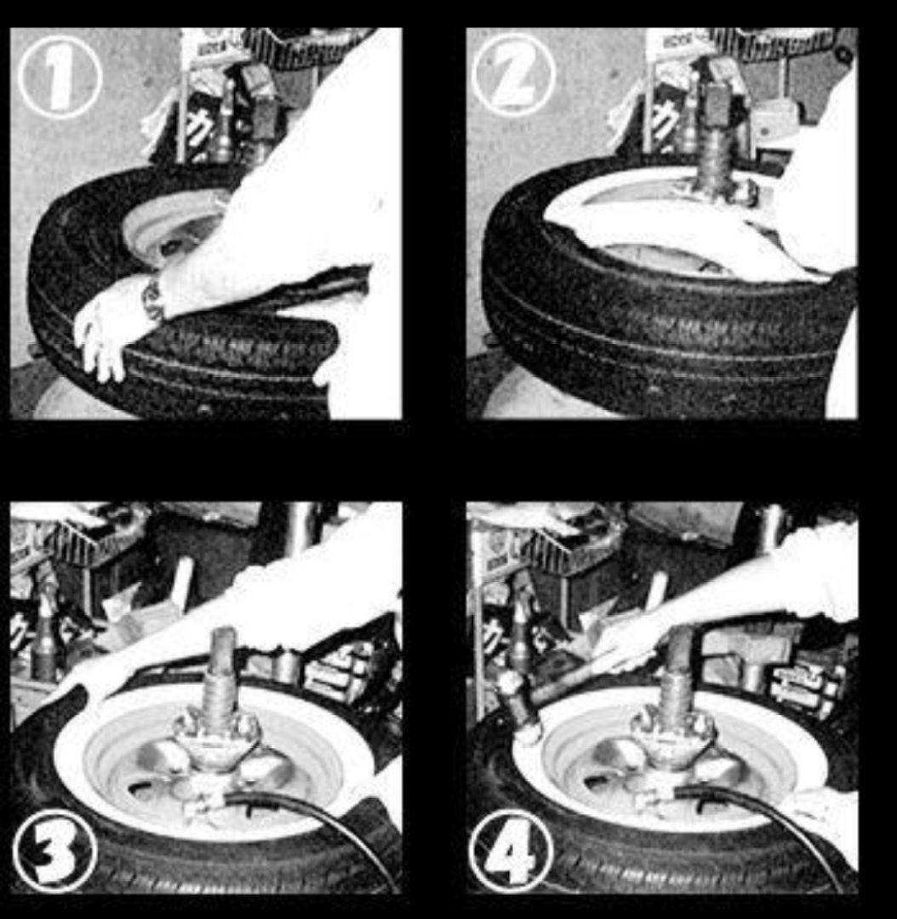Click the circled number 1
(60, 77)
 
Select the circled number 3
(55, 850)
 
